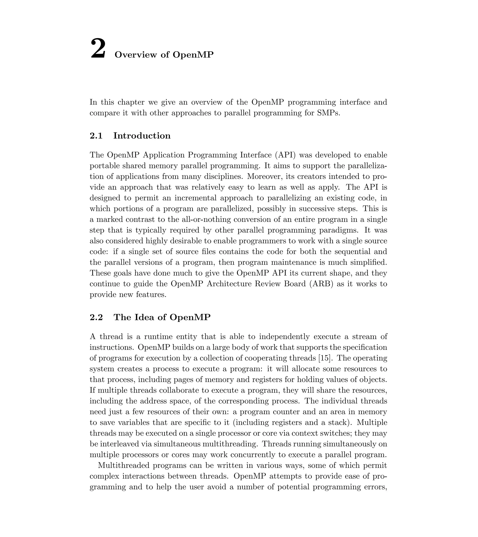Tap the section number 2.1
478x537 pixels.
(x=96, y=136)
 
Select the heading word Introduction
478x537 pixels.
(x=142, y=136)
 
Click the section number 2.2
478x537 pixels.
(x=96, y=317)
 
